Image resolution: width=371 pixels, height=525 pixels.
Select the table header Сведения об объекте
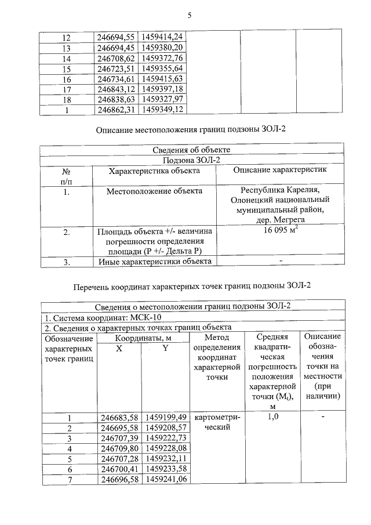click(191, 150)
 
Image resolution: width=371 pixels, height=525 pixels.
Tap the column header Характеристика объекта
click(154, 171)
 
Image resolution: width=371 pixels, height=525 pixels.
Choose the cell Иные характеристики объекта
click(154, 262)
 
